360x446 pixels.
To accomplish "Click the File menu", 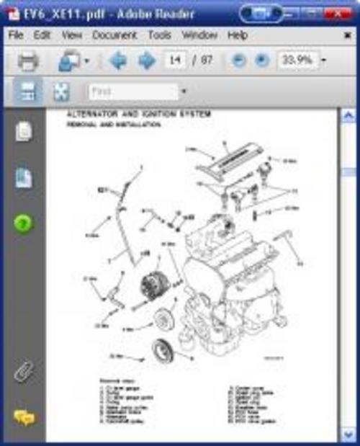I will (x=17, y=35).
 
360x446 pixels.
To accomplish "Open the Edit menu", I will (x=42, y=35).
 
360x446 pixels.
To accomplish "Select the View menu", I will (x=72, y=35).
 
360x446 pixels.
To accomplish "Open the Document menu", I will (x=114, y=35).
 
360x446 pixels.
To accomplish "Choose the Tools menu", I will (x=159, y=35).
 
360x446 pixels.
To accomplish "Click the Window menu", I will (x=199, y=35).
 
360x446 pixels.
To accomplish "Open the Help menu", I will (x=238, y=35).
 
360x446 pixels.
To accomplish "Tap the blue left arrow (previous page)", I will (x=118, y=61).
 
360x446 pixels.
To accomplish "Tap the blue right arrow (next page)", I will (x=146, y=61).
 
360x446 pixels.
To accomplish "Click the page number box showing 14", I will (x=174, y=61).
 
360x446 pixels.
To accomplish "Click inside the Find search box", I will (x=133, y=92).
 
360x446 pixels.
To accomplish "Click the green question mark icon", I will (x=24, y=223).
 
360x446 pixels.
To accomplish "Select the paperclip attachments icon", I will (x=24, y=372).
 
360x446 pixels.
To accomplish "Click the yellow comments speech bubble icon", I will (x=24, y=418).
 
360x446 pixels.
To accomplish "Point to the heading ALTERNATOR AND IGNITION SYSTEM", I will (x=138, y=115).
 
